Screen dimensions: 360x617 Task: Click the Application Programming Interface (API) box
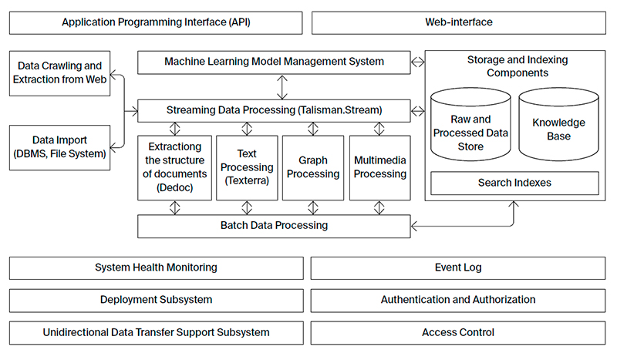157,22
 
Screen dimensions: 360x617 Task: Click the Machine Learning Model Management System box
274,62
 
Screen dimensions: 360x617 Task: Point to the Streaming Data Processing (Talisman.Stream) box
274,110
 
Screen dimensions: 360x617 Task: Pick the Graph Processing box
313,167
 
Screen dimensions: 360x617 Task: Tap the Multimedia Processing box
379,167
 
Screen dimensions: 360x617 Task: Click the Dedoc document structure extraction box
174,167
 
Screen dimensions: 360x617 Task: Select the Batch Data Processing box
274,226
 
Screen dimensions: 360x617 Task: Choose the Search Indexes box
514,183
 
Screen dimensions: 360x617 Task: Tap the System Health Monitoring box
157,267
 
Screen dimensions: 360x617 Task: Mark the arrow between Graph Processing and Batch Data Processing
313,207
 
